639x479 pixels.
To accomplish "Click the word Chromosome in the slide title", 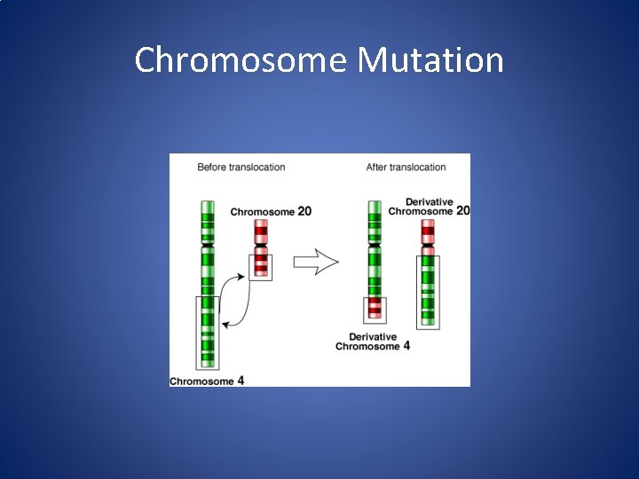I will pyautogui.click(x=240, y=60).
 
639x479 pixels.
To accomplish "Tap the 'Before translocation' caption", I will pyautogui.click(x=241, y=167).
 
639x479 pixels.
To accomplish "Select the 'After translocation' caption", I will pyautogui.click(x=406, y=167).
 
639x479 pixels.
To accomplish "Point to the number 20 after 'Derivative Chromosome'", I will pyautogui.click(x=461, y=211).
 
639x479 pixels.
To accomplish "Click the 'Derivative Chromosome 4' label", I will pyautogui.click(x=373, y=342).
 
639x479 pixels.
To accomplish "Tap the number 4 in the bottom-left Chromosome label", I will pyautogui.click(x=241, y=381).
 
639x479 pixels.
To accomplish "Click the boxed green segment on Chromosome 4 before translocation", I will pyautogui.click(x=208, y=332).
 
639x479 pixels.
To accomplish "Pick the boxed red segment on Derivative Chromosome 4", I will pyautogui.click(x=375, y=309).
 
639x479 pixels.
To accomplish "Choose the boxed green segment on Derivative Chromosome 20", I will pyautogui.click(x=428, y=291).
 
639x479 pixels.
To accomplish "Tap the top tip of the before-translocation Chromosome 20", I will pyautogui.click(x=261, y=222).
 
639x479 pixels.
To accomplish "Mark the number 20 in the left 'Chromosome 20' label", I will pyautogui.click(x=304, y=212).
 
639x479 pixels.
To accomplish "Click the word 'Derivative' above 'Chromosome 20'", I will pyautogui.click(x=430, y=201).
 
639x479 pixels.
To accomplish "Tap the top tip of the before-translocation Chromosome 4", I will pyautogui.click(x=208, y=203).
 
